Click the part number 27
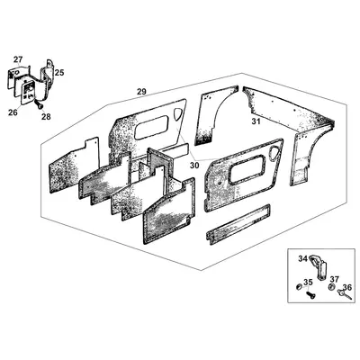(x=18, y=59)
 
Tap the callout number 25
(x=59, y=72)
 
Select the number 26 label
(x=13, y=112)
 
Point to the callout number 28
(x=46, y=117)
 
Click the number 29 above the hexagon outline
(x=141, y=92)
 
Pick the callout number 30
(x=194, y=166)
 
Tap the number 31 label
(x=256, y=121)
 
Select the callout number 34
(x=303, y=258)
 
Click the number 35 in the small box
(x=308, y=283)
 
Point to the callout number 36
(x=347, y=287)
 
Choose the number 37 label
(x=335, y=279)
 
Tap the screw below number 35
(x=310, y=294)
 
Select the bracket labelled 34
(x=319, y=267)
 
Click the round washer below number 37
(x=332, y=287)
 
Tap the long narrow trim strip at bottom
(x=238, y=224)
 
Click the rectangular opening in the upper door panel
(x=151, y=128)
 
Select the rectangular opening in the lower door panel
(x=247, y=169)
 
